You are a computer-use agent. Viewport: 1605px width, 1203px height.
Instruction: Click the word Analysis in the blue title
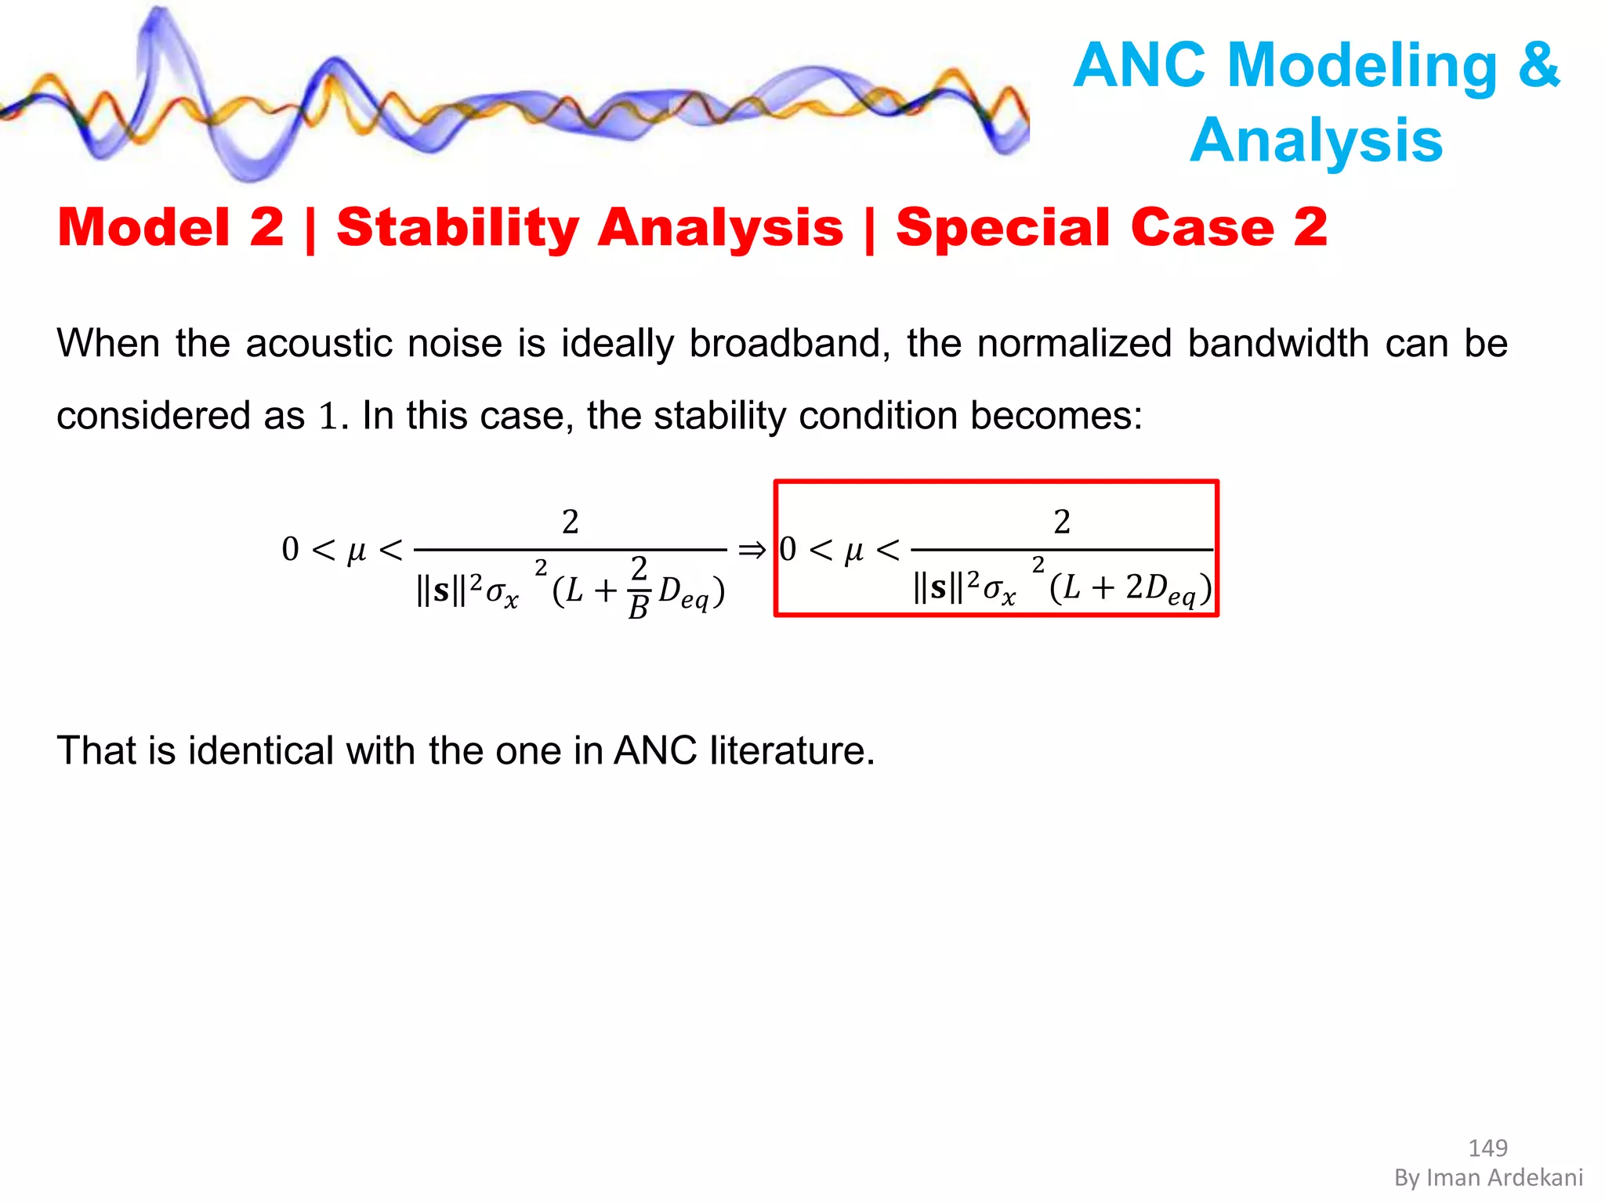[x=1317, y=139]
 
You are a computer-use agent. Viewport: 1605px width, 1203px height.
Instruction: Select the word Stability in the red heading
[x=458, y=228]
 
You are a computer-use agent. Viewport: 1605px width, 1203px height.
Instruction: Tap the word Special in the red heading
[x=1005, y=228]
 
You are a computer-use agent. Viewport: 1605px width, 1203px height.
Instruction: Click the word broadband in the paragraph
[x=788, y=344]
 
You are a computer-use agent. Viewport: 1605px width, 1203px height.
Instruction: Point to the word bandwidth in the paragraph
[x=1277, y=344]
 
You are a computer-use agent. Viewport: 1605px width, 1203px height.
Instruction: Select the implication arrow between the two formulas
[x=752, y=551]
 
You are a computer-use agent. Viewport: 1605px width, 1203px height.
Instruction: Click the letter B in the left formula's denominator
[x=638, y=607]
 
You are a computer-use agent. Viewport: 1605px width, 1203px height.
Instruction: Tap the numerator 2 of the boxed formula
[x=1062, y=522]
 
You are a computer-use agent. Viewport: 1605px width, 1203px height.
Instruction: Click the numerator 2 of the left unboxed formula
[x=571, y=522]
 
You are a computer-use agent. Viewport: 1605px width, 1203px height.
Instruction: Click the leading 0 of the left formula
[x=290, y=549]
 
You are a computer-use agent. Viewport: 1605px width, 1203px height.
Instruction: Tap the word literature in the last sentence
[x=792, y=751]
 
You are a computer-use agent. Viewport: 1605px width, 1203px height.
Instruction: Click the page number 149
[x=1487, y=1148]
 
